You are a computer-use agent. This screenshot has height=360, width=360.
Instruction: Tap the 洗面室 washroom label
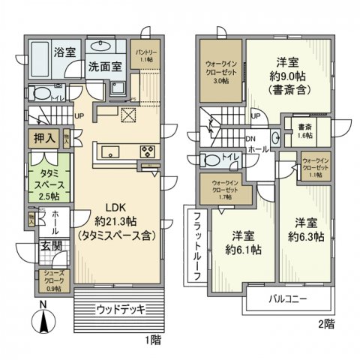pos(105,65)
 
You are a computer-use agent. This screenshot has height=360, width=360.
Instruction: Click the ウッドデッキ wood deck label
pos(119,309)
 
